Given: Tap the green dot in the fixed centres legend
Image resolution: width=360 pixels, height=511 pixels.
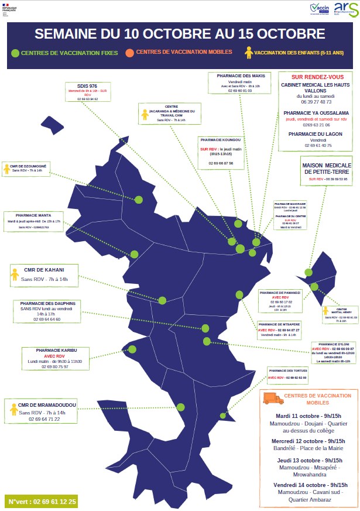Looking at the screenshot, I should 15,54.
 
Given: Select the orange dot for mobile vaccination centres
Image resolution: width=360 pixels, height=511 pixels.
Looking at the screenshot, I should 129,53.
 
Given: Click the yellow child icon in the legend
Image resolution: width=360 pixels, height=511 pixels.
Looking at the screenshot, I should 249,53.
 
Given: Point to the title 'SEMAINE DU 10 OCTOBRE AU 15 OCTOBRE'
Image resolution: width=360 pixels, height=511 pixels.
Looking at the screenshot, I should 180,33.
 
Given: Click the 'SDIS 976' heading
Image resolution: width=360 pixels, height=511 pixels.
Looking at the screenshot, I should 88,85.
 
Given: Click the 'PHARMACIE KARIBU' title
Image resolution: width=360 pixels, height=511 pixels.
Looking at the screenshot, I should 54,350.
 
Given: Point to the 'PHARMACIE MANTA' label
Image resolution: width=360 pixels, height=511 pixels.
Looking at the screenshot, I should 33,215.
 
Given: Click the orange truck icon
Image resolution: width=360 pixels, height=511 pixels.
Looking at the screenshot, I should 273,399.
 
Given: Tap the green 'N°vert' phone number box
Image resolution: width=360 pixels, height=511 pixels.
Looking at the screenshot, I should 42,502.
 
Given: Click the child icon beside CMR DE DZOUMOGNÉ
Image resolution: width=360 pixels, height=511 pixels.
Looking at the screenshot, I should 7,169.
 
